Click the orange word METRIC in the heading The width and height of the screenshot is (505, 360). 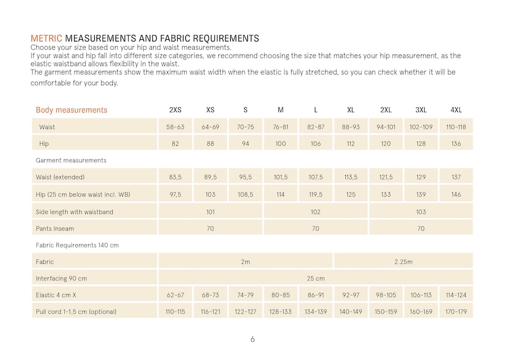coord(47,39)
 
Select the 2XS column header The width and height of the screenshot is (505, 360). coord(175,110)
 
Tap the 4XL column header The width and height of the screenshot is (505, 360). coord(456,110)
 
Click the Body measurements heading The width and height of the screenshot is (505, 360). coord(71,110)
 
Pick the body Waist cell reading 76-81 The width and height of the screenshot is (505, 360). coord(281,127)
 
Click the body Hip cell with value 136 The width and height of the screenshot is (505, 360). coord(456,144)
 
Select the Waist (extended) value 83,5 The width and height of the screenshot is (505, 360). coord(175,177)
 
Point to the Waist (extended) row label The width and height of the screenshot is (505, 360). coord(60,177)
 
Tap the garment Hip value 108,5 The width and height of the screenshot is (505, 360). coord(245,194)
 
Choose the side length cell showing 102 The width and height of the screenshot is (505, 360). coord(315,211)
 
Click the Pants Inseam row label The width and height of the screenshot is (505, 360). coord(55,228)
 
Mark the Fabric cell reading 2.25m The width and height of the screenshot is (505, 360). coord(403,261)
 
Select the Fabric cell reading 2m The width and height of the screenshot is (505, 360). coord(245,261)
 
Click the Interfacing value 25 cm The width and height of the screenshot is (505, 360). coord(315,278)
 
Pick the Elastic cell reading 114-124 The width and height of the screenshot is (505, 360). coord(456,295)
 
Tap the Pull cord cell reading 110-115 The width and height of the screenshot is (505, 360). coord(175,312)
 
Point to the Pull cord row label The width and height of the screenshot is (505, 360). coord(76,312)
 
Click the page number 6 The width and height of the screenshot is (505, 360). coord(252,339)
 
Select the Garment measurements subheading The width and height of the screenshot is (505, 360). coord(71,160)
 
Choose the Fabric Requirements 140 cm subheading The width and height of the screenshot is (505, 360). coord(77,245)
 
